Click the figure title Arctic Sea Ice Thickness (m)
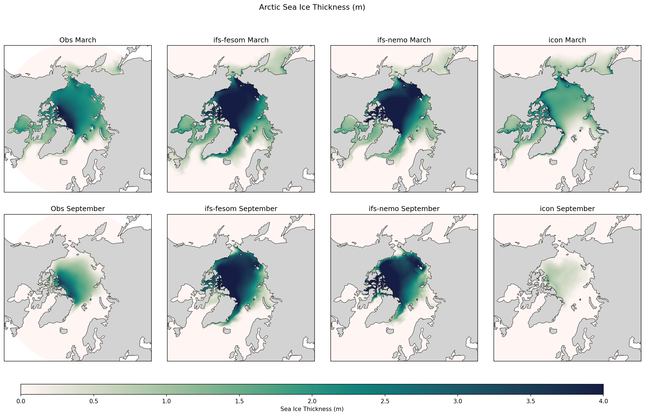click(x=312, y=7)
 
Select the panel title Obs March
click(x=78, y=40)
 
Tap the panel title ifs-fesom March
click(x=241, y=40)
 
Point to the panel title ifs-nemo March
click(x=404, y=40)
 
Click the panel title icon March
click(x=567, y=40)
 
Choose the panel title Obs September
click(x=78, y=209)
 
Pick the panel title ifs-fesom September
click(x=241, y=209)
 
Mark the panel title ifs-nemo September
click(x=404, y=209)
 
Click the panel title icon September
click(x=567, y=209)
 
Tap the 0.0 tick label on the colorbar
click(x=21, y=401)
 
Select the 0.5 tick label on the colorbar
click(x=94, y=401)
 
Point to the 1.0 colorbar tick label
click(x=166, y=401)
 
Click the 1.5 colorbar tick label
click(x=239, y=401)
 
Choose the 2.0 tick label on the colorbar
click(x=312, y=401)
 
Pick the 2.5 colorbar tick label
click(x=385, y=401)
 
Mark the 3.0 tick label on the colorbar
click(x=458, y=401)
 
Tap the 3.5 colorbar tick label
click(x=531, y=401)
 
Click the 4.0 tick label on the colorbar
click(x=603, y=401)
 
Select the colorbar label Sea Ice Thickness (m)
click(x=312, y=409)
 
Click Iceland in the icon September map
click(x=553, y=331)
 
